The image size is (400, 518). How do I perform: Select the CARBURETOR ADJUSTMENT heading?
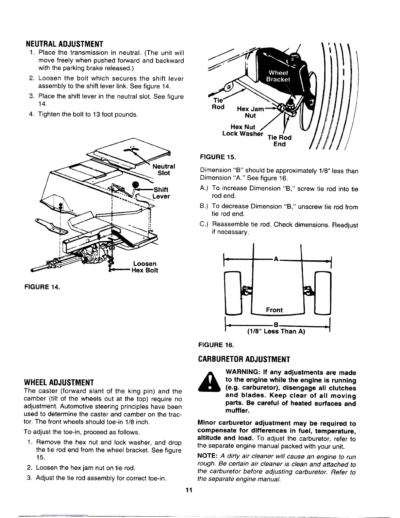pyautogui.click(x=244, y=360)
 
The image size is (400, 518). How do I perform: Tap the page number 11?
pyautogui.click(x=188, y=490)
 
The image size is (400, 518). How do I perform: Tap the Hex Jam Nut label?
pyautogui.click(x=250, y=112)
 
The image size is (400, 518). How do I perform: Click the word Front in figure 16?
pyautogui.click(x=274, y=310)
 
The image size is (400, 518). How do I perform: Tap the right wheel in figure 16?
pyautogui.click(x=322, y=293)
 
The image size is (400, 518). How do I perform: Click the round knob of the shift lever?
pyautogui.click(x=135, y=185)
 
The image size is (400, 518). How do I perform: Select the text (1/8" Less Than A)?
pyautogui.click(x=275, y=331)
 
